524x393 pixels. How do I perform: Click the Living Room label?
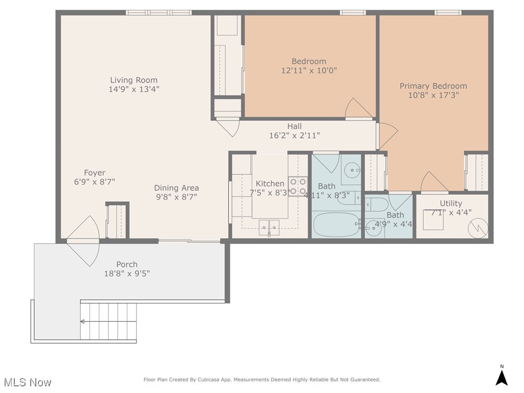tap(134, 80)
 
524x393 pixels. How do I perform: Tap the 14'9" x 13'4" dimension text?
tap(134, 89)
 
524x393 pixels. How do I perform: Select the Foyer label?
tap(95, 173)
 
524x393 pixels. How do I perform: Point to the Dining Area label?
tap(177, 188)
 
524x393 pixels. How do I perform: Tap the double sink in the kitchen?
tap(269, 226)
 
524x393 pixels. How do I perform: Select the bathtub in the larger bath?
tap(336, 224)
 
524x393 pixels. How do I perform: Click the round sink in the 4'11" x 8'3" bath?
tap(353, 169)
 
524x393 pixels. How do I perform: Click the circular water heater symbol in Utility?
tap(478, 229)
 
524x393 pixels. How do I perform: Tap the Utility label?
tap(451, 203)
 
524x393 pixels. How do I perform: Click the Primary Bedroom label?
tap(433, 86)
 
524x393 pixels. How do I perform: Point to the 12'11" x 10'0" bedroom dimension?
tap(309, 71)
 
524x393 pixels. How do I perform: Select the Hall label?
tap(294, 126)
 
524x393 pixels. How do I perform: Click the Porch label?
tap(127, 265)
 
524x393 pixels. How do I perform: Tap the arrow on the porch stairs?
tap(83, 321)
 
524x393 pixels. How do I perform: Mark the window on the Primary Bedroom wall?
tap(448, 13)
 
